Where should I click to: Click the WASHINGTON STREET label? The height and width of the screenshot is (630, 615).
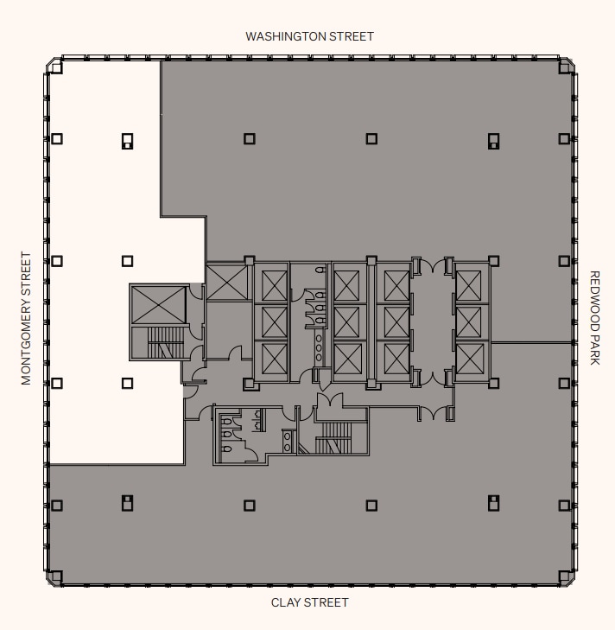(x=309, y=36)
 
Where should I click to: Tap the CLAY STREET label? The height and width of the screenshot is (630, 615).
(x=310, y=602)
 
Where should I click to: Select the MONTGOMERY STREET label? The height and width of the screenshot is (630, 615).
(x=26, y=318)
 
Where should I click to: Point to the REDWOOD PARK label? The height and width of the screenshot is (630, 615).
(x=594, y=318)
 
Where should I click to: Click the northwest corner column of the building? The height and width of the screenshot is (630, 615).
(x=56, y=67)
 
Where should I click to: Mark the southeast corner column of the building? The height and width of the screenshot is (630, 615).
(x=564, y=576)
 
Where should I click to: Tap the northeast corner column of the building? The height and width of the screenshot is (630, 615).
(x=564, y=67)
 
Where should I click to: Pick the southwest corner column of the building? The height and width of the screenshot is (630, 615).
(x=56, y=576)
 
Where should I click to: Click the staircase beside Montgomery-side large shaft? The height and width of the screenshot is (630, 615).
(x=166, y=342)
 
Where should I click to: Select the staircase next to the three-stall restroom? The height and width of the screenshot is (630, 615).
(x=333, y=438)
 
